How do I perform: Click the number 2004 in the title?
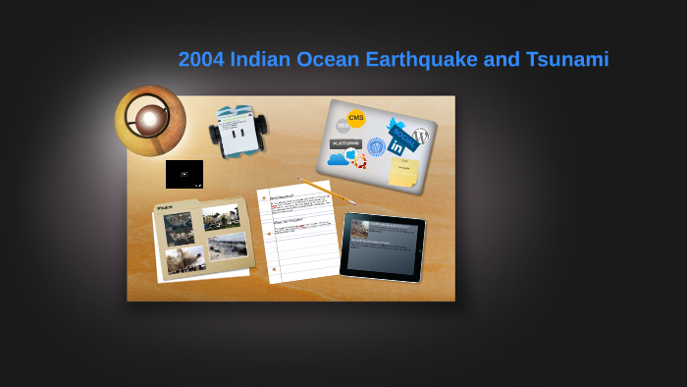click(201, 60)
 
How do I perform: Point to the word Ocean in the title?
click(326, 60)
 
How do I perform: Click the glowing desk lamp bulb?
click(149, 120)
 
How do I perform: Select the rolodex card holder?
click(238, 131)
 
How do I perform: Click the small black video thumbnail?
click(185, 174)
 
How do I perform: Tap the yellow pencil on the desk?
click(326, 191)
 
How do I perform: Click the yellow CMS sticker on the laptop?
click(356, 119)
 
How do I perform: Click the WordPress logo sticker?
click(421, 136)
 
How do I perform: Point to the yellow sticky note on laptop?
click(403, 172)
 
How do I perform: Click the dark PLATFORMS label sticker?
click(345, 143)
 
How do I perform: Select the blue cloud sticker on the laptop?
click(338, 158)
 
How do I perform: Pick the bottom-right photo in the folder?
click(227, 246)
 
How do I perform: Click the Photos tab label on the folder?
click(165, 207)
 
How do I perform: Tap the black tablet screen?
click(382, 246)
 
